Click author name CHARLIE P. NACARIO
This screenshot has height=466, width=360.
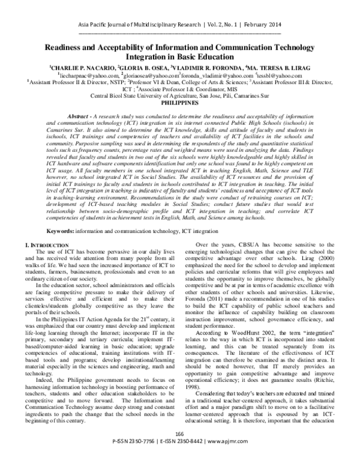click(x=82, y=68)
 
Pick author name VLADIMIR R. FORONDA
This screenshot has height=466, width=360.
click(x=208, y=68)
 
